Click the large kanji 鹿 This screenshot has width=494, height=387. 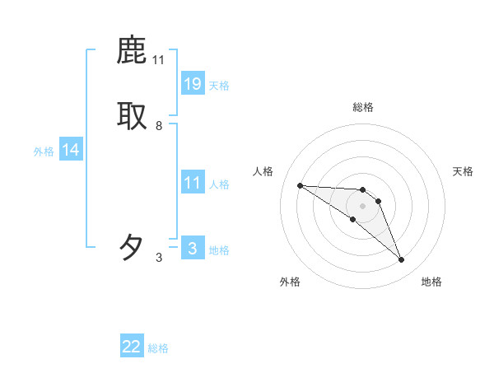pyautogui.click(x=133, y=51)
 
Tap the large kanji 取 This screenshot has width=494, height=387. pyautogui.click(x=133, y=116)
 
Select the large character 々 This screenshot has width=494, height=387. pyautogui.click(x=133, y=246)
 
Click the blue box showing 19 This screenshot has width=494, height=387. pyautogui.click(x=193, y=83)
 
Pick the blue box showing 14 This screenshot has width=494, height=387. pyautogui.click(x=71, y=150)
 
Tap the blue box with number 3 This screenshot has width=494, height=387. pyautogui.click(x=193, y=248)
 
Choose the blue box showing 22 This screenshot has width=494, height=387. pyautogui.click(x=132, y=347)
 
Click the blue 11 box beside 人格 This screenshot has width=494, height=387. pyautogui.click(x=193, y=183)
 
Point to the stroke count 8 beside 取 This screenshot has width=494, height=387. pyautogui.click(x=159, y=126)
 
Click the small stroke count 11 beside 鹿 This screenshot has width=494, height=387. pyautogui.click(x=159, y=60)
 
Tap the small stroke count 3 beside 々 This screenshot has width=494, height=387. pyautogui.click(x=159, y=258)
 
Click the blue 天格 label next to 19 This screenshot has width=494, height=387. pyautogui.click(x=219, y=86)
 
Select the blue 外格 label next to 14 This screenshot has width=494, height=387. pyautogui.click(x=44, y=152)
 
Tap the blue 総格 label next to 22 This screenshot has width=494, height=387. pyautogui.click(x=158, y=349)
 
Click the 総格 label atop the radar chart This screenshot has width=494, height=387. pyautogui.click(x=363, y=107)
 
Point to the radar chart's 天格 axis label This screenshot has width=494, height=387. pyautogui.click(x=463, y=171)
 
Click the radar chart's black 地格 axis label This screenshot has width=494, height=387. pyautogui.click(x=431, y=282)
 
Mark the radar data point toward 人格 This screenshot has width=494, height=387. pyautogui.click(x=300, y=185)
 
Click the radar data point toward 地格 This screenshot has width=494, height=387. pyautogui.click(x=401, y=260)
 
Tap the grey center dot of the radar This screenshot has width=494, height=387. pyautogui.click(x=362, y=205)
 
